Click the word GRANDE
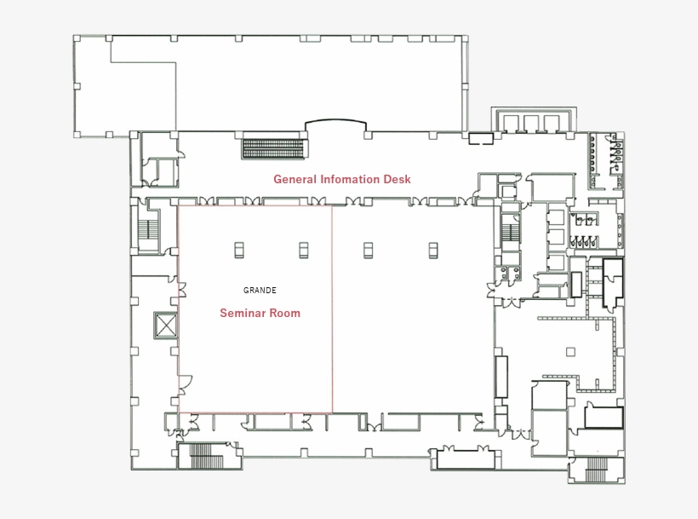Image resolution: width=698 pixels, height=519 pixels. click(260, 291)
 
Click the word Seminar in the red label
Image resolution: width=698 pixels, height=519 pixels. click(243, 313)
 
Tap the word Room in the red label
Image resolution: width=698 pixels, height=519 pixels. click(285, 313)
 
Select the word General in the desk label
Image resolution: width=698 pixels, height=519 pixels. click(295, 179)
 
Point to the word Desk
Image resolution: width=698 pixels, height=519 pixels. click(397, 179)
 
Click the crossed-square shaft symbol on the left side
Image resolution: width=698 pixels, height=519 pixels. click(163, 325)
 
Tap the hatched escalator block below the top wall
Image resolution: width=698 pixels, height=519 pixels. click(273, 148)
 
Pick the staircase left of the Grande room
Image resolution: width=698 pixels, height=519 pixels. click(150, 231)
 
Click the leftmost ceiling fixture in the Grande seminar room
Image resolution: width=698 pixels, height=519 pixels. click(239, 249)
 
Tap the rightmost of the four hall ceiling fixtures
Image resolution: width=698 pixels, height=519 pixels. click(433, 249)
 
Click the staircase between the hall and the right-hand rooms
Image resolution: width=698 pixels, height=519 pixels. click(511, 231)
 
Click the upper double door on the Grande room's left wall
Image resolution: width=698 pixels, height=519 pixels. click(181, 288)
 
